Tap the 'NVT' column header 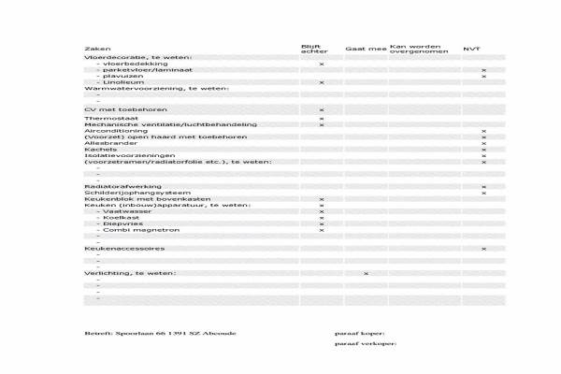tap(472, 48)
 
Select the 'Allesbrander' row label tap(106, 143)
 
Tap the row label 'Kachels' tap(99, 150)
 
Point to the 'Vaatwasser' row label tap(121, 211)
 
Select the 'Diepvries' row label tap(119, 223)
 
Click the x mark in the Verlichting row tap(366, 273)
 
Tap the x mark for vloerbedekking tap(322, 64)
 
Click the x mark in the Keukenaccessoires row tap(483, 249)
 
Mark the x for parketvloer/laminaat tap(483, 70)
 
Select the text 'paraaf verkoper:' tap(366, 344)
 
